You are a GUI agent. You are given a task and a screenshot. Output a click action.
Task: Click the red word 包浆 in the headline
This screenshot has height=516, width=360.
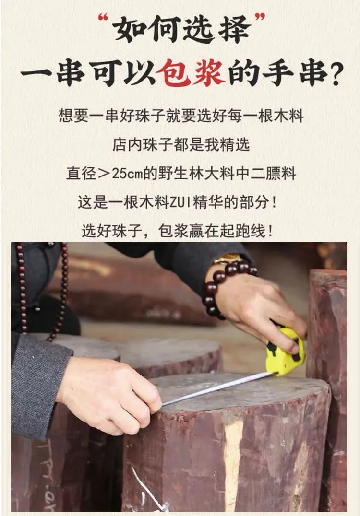[x=191, y=73]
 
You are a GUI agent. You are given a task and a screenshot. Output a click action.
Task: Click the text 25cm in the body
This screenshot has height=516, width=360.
[x=127, y=174]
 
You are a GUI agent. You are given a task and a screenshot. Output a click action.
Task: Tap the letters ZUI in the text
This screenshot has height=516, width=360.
[x=180, y=202]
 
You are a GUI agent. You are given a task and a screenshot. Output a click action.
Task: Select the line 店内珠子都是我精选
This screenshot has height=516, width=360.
[x=181, y=145]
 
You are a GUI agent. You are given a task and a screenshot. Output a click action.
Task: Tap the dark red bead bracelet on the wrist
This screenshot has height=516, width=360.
[x=224, y=286]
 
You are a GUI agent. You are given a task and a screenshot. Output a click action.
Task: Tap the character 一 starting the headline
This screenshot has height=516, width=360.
[x=36, y=73]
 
